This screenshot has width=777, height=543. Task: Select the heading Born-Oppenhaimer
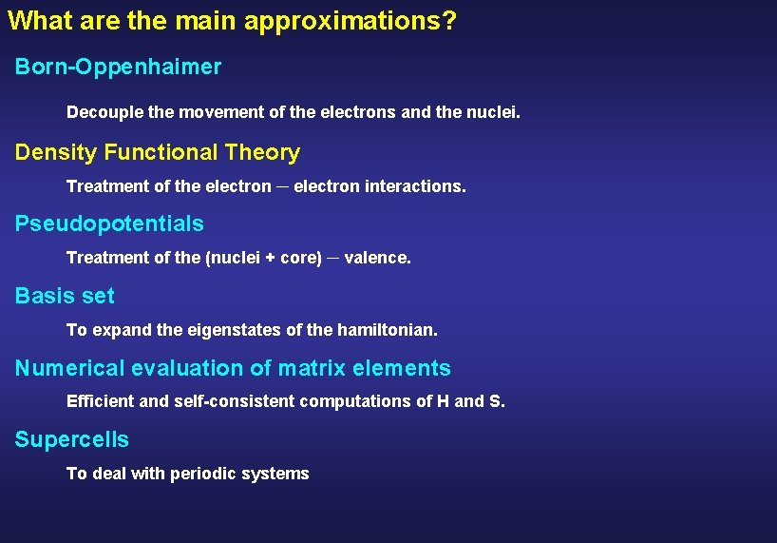[x=118, y=68]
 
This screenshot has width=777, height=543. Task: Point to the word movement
[x=219, y=112]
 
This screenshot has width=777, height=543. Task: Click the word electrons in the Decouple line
[x=359, y=112]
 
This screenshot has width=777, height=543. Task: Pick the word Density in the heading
[x=56, y=153]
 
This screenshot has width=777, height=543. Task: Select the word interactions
[x=418, y=186]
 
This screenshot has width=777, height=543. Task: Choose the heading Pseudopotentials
[x=109, y=224]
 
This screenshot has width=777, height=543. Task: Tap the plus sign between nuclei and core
[x=270, y=258]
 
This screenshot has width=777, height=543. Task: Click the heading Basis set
[x=65, y=296]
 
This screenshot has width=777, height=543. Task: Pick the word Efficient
[x=101, y=401]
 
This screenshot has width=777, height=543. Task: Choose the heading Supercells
[x=72, y=439]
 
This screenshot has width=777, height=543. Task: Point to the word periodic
[x=203, y=474]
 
